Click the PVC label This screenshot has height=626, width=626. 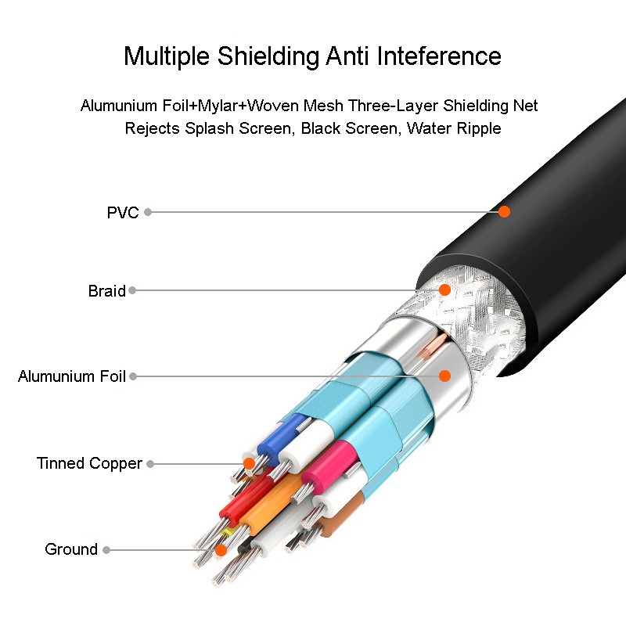coord(123,212)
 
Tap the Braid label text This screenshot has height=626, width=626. coord(106,290)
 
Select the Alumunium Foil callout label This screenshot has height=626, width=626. coord(72,376)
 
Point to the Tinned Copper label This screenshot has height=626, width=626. coord(89,463)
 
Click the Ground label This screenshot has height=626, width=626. coord(71,549)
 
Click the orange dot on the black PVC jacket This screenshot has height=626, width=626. coord(504,211)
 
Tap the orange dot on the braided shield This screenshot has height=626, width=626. coord(444,290)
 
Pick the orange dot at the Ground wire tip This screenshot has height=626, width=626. coord(221,551)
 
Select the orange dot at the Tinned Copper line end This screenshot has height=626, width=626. coord(249,463)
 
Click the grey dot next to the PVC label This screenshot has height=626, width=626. coord(148,212)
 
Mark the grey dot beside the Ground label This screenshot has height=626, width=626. coord(106,550)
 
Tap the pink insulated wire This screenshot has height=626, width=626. coord(330,462)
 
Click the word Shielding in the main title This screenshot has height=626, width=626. coord(268,56)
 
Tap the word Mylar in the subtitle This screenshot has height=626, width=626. coord(218,106)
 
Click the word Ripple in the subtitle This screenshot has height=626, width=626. coord(479,128)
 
